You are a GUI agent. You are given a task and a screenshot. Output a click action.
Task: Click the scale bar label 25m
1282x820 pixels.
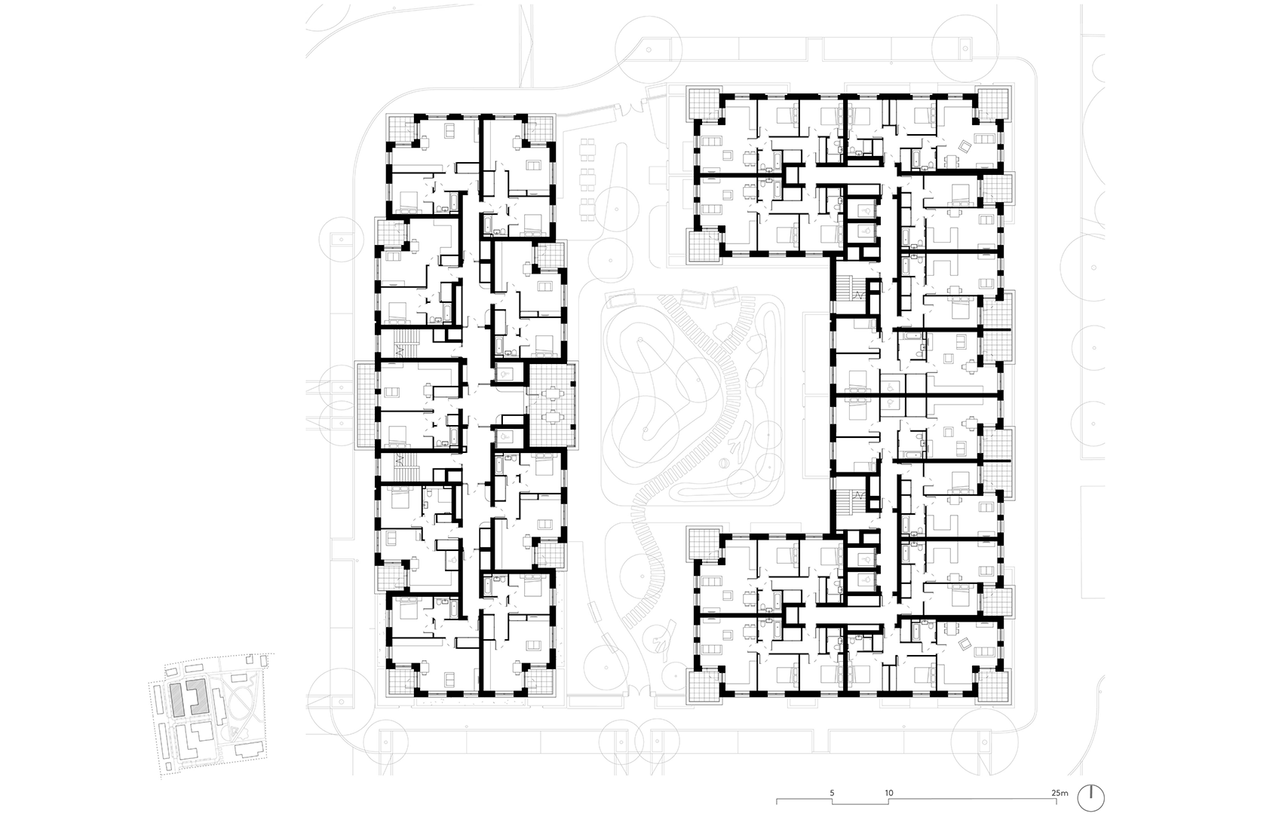pyautogui.click(x=1060, y=793)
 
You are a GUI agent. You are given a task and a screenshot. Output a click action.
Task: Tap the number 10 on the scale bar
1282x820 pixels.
pyautogui.click(x=889, y=793)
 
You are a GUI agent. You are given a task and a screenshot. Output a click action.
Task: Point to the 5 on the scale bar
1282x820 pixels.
pyautogui.click(x=832, y=793)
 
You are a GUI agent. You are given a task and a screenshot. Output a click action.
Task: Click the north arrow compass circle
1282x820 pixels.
pyautogui.click(x=1091, y=798)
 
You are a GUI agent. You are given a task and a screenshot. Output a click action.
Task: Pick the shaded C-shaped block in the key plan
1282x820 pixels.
pyautogui.click(x=198, y=696)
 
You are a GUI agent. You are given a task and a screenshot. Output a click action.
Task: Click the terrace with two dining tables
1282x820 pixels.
pyautogui.click(x=552, y=404)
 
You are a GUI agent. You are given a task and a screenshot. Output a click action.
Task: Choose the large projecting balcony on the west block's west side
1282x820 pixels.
pyautogui.click(x=366, y=404)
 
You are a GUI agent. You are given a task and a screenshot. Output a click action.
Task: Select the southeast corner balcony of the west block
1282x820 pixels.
pyautogui.click(x=540, y=681)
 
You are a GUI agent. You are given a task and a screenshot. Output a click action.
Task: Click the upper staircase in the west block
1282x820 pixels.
pyautogui.click(x=406, y=345)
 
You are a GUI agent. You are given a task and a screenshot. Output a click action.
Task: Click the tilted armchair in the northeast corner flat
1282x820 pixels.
pyautogui.click(x=965, y=147)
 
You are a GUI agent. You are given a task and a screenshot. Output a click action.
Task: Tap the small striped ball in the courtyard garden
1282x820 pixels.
pyautogui.click(x=723, y=464)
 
